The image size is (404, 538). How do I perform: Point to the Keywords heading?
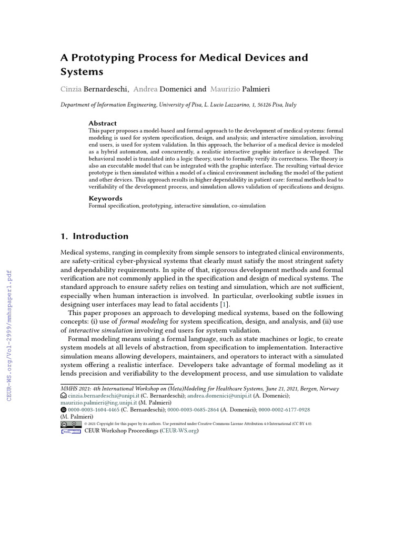pyautogui.click(x=105, y=198)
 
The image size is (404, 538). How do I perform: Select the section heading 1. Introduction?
pyautogui.click(x=95, y=236)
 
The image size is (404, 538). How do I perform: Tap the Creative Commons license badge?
pyautogui.click(x=71, y=423)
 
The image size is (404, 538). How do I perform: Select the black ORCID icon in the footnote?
pyautogui.click(x=64, y=409)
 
